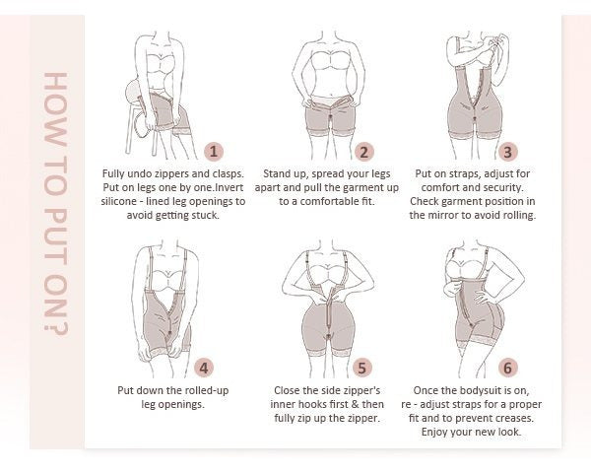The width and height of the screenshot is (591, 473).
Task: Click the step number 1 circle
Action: [214, 152]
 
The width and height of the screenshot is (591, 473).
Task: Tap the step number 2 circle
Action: [363, 152]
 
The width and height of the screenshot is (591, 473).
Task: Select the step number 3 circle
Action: [507, 152]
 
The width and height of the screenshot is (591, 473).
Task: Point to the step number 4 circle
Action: [204, 368]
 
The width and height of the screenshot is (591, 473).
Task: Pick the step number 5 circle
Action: [361, 368]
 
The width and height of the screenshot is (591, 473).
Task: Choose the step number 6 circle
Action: [507, 368]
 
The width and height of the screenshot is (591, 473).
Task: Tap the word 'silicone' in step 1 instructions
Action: [119, 201]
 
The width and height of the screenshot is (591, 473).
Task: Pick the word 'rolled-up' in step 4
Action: [207, 391]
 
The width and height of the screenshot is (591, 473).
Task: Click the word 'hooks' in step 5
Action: [313, 404]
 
